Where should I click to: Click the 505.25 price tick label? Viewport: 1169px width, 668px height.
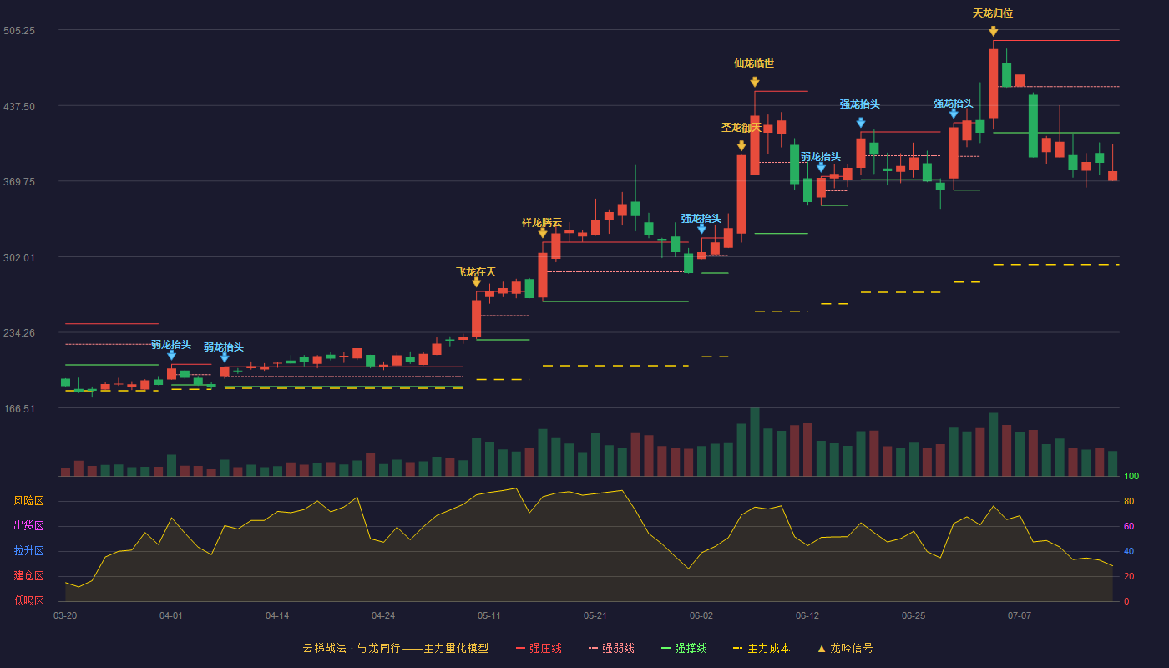(x=19, y=31)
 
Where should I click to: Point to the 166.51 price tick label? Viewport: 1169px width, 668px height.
(x=19, y=408)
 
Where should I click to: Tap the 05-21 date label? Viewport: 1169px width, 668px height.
(x=595, y=616)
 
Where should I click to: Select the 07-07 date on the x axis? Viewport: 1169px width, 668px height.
(x=1020, y=616)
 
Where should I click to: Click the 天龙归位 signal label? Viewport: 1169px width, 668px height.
(x=993, y=13)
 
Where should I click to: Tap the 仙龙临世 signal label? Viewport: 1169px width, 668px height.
(x=754, y=63)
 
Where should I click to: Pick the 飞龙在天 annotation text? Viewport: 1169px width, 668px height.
(x=476, y=272)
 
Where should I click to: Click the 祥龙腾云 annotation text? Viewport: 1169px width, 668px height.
(x=542, y=223)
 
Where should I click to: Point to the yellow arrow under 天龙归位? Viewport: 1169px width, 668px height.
(x=993, y=32)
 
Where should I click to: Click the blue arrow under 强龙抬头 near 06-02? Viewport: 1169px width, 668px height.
(x=702, y=229)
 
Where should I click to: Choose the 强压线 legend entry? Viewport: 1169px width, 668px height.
(x=539, y=648)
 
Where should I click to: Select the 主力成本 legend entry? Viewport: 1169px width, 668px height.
(x=762, y=648)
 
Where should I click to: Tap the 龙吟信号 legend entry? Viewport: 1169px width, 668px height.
(x=845, y=648)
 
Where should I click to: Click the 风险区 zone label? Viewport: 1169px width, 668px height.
(x=28, y=501)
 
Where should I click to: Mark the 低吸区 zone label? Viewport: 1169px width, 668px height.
(x=28, y=601)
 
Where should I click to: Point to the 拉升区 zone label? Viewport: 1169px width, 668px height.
(x=28, y=551)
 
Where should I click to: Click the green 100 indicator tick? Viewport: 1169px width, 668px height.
(x=1131, y=476)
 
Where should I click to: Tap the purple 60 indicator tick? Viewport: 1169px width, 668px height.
(x=1129, y=526)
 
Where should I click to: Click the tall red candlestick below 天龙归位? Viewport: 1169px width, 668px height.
(x=993, y=83)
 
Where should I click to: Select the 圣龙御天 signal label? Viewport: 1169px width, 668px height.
(x=741, y=128)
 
